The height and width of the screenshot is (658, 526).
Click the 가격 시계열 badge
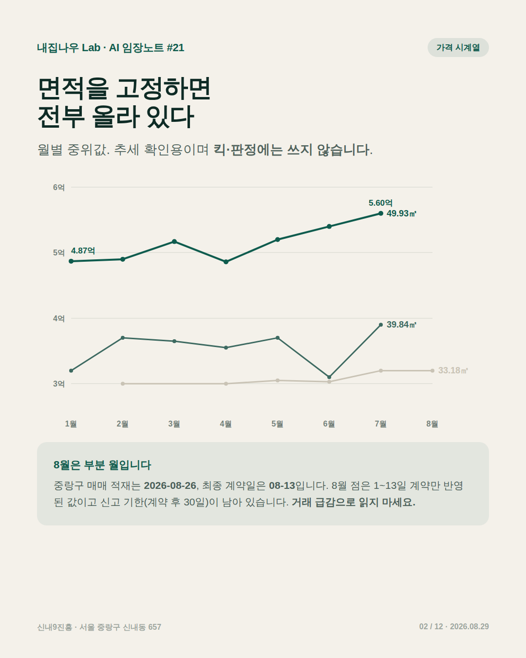click(x=458, y=47)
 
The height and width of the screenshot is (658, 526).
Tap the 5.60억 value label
click(x=380, y=203)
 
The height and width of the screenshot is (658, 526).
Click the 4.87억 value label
click(x=83, y=251)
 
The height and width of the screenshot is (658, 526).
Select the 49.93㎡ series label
click(x=401, y=213)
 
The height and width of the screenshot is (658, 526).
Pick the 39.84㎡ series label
click(x=401, y=325)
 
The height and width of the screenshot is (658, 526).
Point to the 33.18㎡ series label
click(x=453, y=370)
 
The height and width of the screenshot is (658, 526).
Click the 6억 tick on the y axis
click(x=58, y=187)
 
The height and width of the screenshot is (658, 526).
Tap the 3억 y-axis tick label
click(x=58, y=384)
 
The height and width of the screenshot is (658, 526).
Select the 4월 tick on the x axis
click(x=225, y=424)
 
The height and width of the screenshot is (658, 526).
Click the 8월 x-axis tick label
click(x=432, y=424)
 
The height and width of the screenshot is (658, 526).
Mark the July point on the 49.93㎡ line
click(x=380, y=213)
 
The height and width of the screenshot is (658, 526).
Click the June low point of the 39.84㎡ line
click(x=329, y=377)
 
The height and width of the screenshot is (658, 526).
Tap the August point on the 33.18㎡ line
click(x=432, y=370)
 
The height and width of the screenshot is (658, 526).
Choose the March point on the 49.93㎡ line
click(x=174, y=242)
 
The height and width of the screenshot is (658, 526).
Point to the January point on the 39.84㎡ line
click(x=71, y=370)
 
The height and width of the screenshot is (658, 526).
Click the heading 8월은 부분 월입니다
click(x=102, y=465)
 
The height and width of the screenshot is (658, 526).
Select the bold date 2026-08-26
click(x=170, y=485)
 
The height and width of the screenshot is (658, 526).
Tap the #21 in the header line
click(x=175, y=48)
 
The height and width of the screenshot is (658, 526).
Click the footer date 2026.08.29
click(x=469, y=626)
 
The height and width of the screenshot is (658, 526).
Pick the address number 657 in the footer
click(x=155, y=627)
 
